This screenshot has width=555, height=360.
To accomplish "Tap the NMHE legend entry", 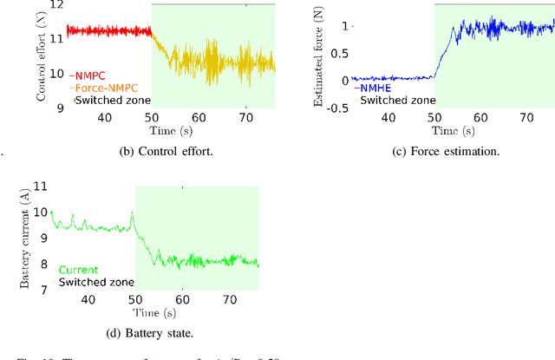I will click(x=375, y=87).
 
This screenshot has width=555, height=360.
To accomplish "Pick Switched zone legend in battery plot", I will click(x=96, y=282).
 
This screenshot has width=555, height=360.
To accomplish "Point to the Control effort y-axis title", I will click(x=41, y=58).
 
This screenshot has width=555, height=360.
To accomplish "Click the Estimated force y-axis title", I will click(x=317, y=58).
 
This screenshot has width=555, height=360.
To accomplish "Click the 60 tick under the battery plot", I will click(x=182, y=299).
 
